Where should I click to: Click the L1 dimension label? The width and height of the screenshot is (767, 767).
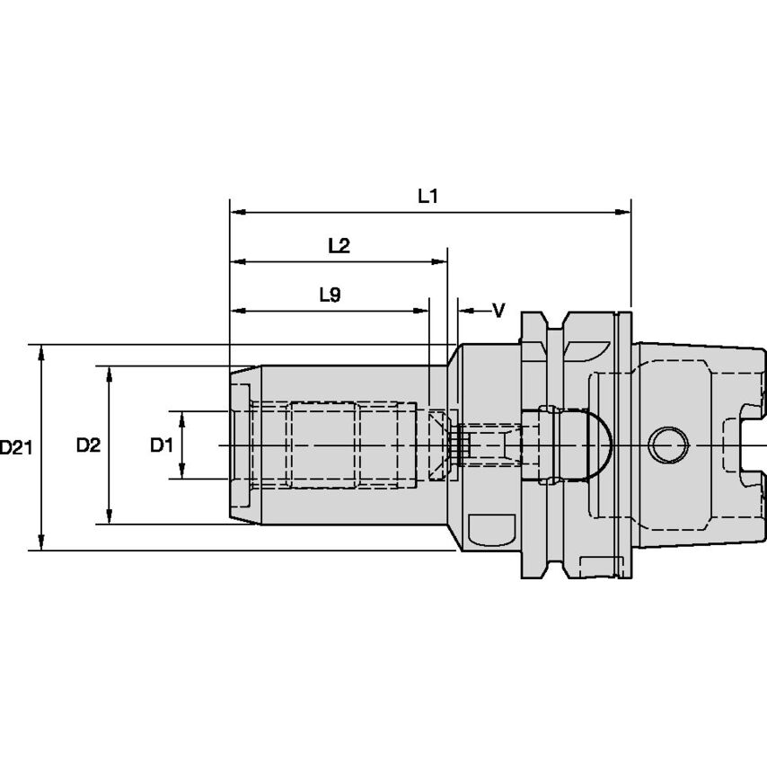point(428,197)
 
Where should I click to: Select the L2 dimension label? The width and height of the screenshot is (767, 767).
point(339,246)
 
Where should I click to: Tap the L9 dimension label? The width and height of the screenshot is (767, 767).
point(330,295)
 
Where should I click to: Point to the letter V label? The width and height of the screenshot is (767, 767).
point(498,311)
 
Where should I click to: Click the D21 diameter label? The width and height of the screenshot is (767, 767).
point(15,446)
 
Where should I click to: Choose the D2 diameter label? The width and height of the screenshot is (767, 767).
point(87,445)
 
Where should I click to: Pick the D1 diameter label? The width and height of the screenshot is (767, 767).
point(161,445)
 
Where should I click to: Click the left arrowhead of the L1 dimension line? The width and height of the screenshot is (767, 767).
point(238,213)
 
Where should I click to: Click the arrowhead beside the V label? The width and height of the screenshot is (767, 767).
point(465,311)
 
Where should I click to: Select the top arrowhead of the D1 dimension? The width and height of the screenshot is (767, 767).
point(182,419)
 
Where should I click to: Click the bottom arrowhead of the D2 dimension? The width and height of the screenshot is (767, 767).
point(110,516)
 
